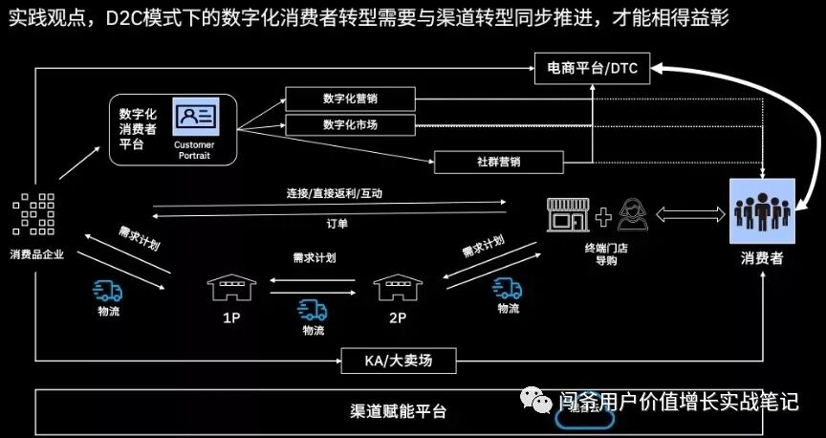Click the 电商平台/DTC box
click(x=591, y=67)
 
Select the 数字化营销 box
click(x=350, y=99)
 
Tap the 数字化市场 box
click(x=350, y=124)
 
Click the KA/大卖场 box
click(x=399, y=361)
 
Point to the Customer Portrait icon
click(x=195, y=117)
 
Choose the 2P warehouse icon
click(x=394, y=285)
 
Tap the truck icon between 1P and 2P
click(x=312, y=309)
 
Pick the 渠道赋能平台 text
click(x=398, y=411)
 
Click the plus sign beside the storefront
click(x=603, y=217)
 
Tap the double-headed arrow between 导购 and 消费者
click(x=690, y=217)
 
